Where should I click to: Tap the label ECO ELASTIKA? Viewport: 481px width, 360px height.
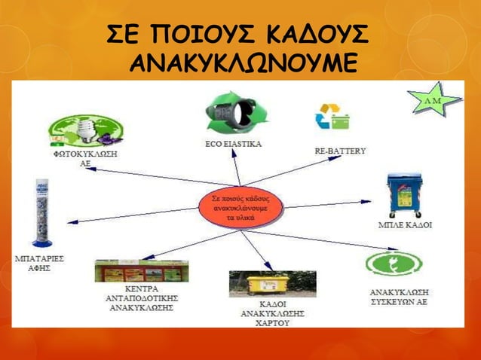coord(234,145)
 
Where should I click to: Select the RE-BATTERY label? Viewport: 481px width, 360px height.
coord(340,151)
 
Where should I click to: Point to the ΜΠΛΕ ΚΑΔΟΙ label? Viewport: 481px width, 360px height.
coord(404,224)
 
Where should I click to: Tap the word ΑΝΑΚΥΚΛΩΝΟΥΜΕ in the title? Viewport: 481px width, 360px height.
coord(240,65)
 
